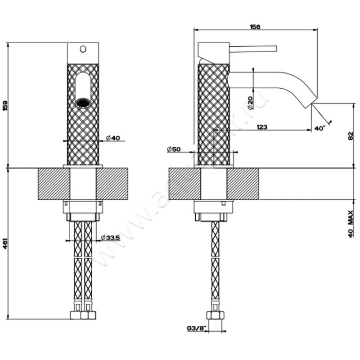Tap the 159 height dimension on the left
pos(5,106)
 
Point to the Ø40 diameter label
pos(112,138)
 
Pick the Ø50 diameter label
pos(173,149)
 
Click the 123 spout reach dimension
pos(262,127)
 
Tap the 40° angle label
pos(319,128)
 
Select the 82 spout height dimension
pos(351,136)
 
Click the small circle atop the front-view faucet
pos(82,48)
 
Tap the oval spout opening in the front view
pos(82,90)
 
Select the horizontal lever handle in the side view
pos(253,48)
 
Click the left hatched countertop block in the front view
pos(54,184)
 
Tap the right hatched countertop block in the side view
pos(243,184)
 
